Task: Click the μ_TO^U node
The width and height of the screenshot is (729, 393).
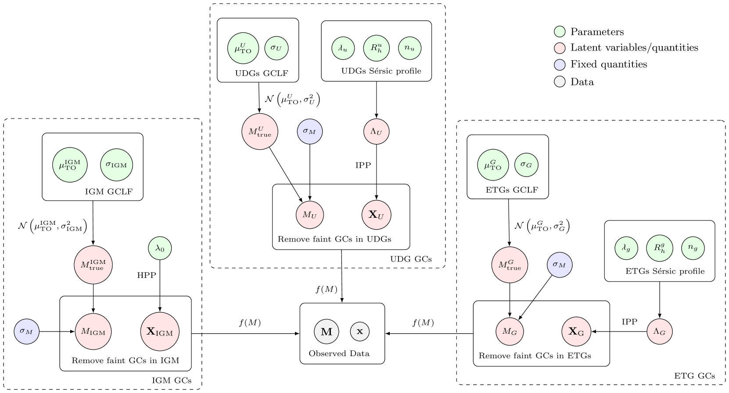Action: (243, 48)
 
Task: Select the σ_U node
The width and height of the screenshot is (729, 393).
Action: (277, 48)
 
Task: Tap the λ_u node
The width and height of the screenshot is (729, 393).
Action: (343, 48)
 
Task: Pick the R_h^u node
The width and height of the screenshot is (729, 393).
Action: (377, 48)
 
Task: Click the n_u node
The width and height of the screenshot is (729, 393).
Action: (410, 48)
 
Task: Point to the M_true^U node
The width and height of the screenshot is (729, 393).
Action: (260, 132)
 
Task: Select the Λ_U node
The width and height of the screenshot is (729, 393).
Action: (377, 131)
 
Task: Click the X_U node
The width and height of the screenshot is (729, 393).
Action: (377, 215)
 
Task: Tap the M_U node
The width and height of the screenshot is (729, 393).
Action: (310, 215)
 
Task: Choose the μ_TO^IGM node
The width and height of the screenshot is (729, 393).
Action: (70, 165)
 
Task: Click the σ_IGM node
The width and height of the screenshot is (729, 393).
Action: (117, 165)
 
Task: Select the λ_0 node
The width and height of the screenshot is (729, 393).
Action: (160, 248)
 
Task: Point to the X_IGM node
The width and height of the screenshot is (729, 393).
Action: (160, 332)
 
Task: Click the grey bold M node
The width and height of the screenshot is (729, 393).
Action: (327, 332)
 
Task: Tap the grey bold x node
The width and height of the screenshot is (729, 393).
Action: (360, 332)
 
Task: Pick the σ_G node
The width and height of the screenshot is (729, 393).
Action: (526, 165)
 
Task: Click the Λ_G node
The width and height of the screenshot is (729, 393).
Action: (660, 332)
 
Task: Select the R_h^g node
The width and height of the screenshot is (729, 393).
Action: (660, 248)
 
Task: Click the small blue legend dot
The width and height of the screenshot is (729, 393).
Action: (560, 65)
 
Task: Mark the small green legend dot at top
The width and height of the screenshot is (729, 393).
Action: (560, 32)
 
